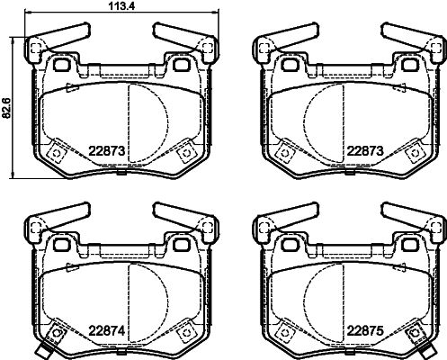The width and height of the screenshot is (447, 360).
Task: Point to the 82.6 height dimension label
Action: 6,107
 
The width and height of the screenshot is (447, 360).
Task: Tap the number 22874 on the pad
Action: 106,331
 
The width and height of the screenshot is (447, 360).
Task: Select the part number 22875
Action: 365,331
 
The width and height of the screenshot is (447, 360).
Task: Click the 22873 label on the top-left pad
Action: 106,151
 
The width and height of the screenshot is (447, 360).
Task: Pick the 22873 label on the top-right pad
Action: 365,151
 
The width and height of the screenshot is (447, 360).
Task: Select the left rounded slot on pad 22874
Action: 62,245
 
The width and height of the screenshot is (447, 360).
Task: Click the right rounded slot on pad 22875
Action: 409,245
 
